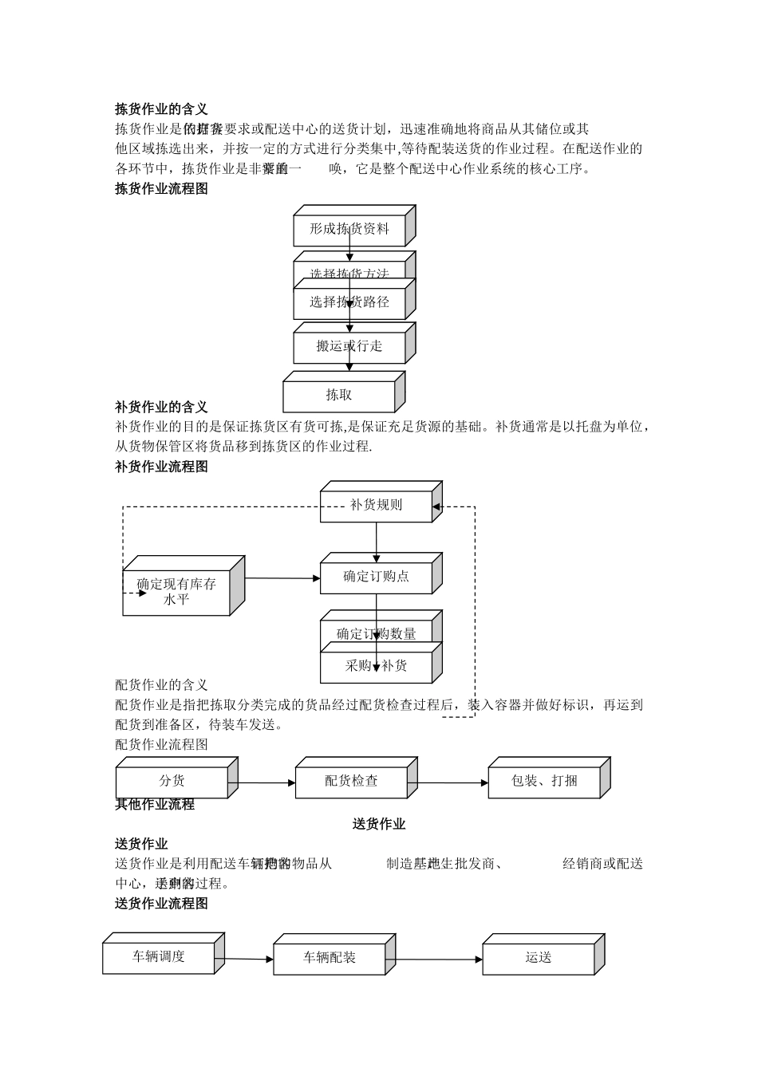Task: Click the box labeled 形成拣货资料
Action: [349, 229]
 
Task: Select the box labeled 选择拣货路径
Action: [349, 302]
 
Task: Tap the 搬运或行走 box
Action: [349, 346]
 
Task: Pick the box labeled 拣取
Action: [339, 395]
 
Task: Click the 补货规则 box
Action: [376, 505]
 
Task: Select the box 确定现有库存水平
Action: [176, 592]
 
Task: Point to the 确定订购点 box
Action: [376, 577]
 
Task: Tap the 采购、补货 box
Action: [376, 666]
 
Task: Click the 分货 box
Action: [172, 781]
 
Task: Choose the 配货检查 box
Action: [351, 781]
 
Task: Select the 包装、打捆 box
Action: [544, 781]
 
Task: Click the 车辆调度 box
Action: [159, 956]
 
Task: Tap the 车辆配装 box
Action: [330, 957]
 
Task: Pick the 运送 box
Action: [539, 957]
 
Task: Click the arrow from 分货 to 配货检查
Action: [266, 782]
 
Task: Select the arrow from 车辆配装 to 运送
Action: [439, 959]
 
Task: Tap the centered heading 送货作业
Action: [379, 825]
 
